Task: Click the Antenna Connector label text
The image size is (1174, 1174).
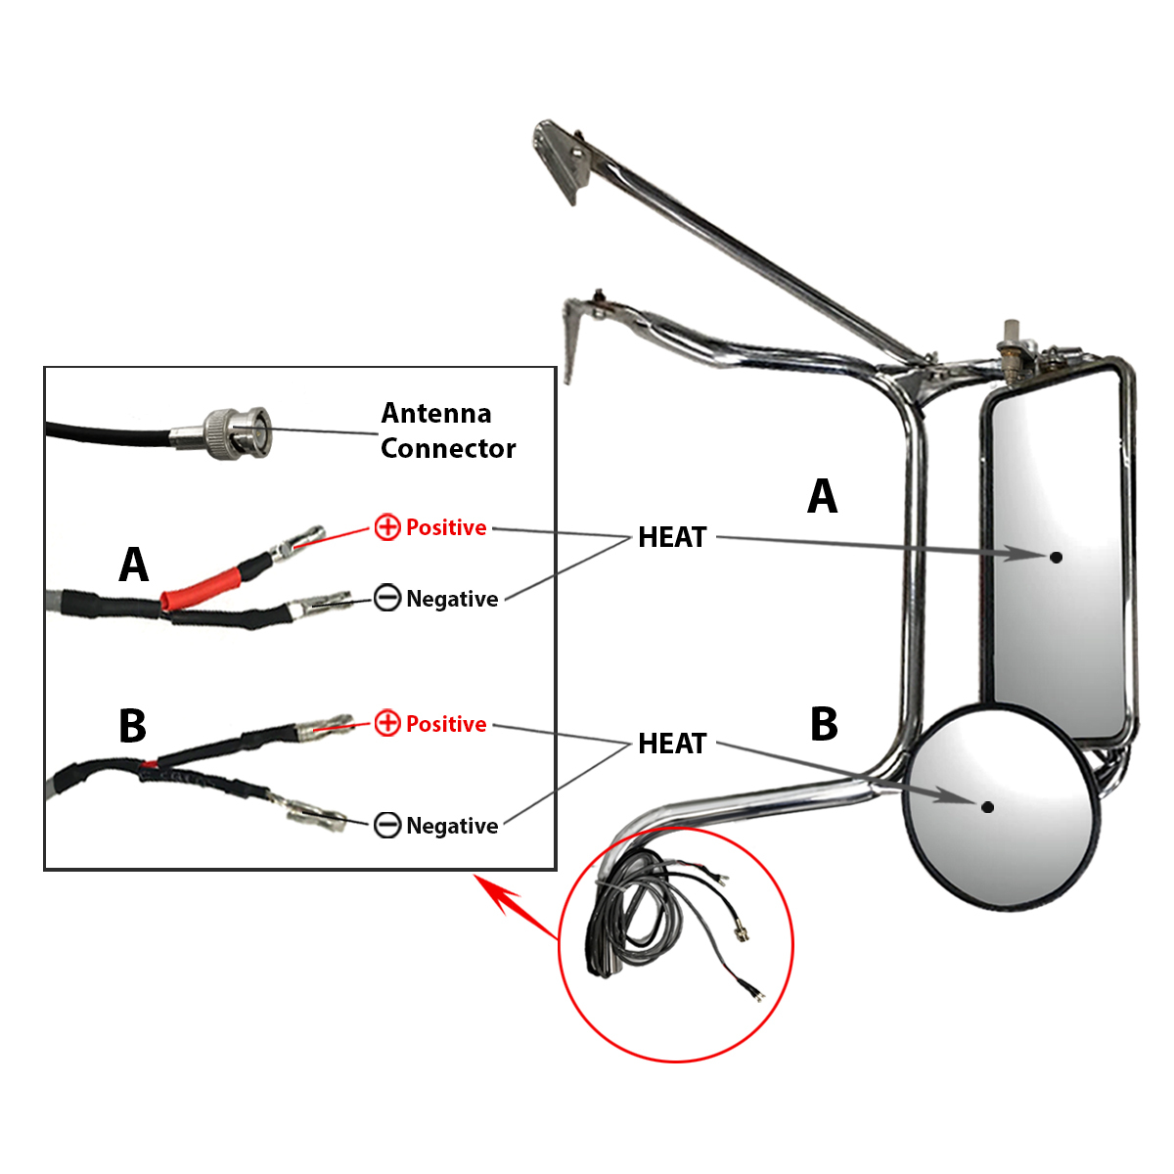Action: pyautogui.click(x=448, y=430)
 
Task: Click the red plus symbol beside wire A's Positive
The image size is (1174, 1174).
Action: pyautogui.click(x=387, y=527)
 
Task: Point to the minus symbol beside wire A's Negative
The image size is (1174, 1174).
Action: pyautogui.click(x=387, y=598)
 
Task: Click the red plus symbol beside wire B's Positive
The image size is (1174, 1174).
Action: pyautogui.click(x=387, y=724)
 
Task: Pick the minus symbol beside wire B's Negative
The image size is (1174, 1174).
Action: pyautogui.click(x=387, y=826)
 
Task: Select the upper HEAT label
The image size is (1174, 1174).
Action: pyautogui.click(x=672, y=537)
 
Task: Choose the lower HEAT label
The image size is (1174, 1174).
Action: pyautogui.click(x=672, y=744)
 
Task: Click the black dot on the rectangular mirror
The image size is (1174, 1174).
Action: pyautogui.click(x=1056, y=557)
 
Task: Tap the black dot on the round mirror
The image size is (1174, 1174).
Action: pyautogui.click(x=988, y=807)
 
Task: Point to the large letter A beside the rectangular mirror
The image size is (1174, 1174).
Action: pyautogui.click(x=822, y=497)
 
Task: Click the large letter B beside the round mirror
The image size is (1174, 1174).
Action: pyautogui.click(x=824, y=725)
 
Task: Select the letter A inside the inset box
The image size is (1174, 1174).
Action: pyautogui.click(x=133, y=564)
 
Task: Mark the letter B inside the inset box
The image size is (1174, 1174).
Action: pyautogui.click(x=132, y=727)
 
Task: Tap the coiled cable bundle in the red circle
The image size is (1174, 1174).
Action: pyautogui.click(x=626, y=920)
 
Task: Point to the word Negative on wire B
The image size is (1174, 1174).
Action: pyautogui.click(x=452, y=826)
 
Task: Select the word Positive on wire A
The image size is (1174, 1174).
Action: pyautogui.click(x=446, y=527)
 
